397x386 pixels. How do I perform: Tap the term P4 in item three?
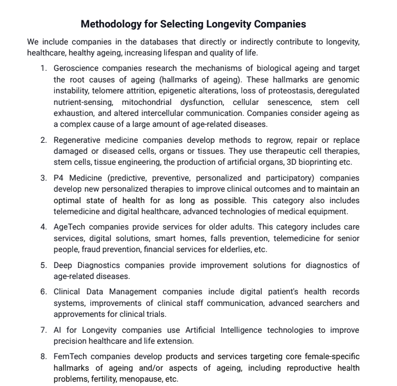coord(59,178)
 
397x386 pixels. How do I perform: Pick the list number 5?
coord(43,265)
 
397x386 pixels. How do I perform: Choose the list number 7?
coord(43,330)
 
